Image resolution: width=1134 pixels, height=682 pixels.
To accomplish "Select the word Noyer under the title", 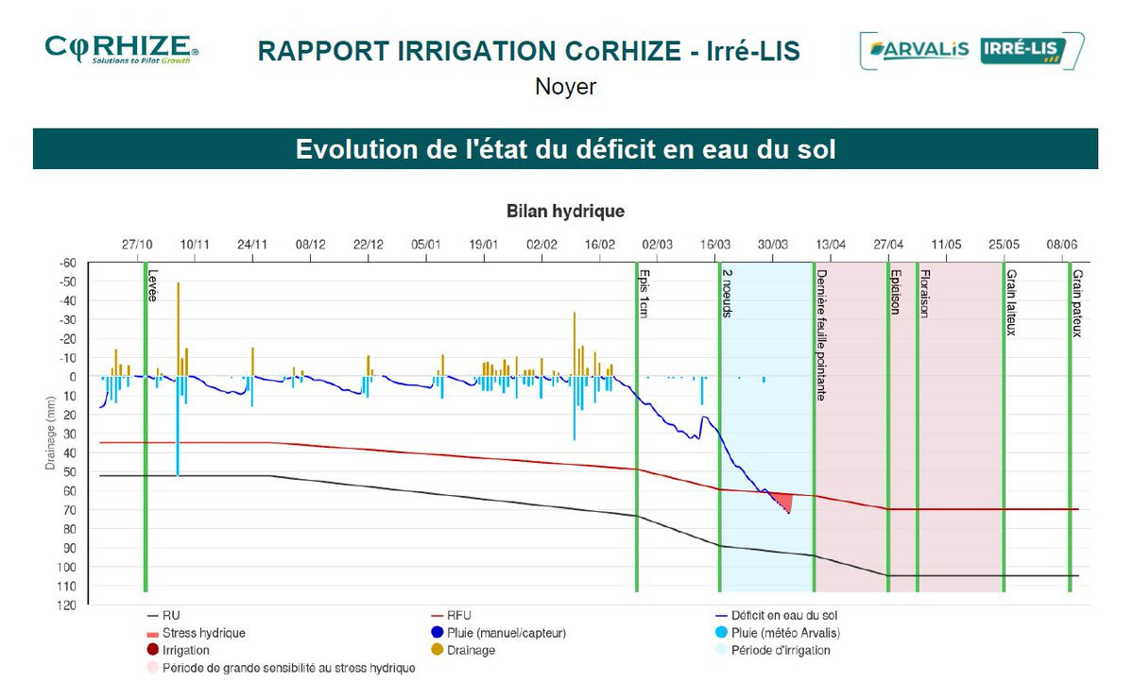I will (565, 87).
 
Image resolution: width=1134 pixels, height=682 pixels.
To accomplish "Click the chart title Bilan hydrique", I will (565, 211).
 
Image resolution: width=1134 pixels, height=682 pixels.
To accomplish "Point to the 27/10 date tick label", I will (137, 244).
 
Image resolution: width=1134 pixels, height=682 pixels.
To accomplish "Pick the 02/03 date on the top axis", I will (658, 244).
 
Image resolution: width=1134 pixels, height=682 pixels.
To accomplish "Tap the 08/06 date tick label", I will (1062, 244).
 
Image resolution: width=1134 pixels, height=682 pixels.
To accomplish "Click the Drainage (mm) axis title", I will (50, 433).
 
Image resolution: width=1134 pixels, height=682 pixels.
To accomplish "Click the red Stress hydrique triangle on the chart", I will (781, 501).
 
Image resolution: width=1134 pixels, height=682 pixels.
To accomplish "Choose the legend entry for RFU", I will (458, 615).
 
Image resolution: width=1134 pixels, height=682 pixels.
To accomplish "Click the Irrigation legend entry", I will (185, 650).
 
